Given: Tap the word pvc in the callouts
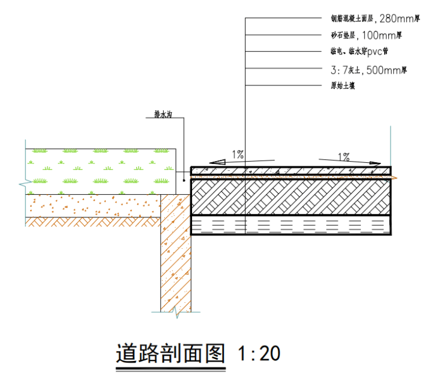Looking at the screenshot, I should (x=374, y=52).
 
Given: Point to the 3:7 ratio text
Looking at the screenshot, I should (x=338, y=70).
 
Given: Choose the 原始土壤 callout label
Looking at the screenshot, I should (x=342, y=86).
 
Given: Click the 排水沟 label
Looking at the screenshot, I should (x=163, y=115).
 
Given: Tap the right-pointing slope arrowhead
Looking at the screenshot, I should (x=374, y=164).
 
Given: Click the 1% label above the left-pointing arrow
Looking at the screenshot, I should (x=238, y=154).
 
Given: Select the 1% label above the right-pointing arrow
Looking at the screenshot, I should (x=344, y=156).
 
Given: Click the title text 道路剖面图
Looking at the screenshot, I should (x=170, y=353).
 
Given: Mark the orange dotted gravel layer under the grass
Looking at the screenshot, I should (x=93, y=205).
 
